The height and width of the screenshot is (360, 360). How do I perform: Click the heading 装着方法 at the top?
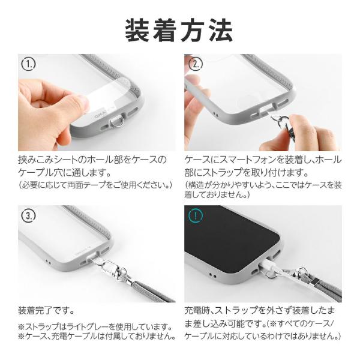click(x=179, y=30)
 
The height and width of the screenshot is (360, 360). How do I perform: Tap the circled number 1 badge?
click(x=28, y=64)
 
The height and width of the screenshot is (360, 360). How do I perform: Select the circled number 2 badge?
click(x=196, y=64)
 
